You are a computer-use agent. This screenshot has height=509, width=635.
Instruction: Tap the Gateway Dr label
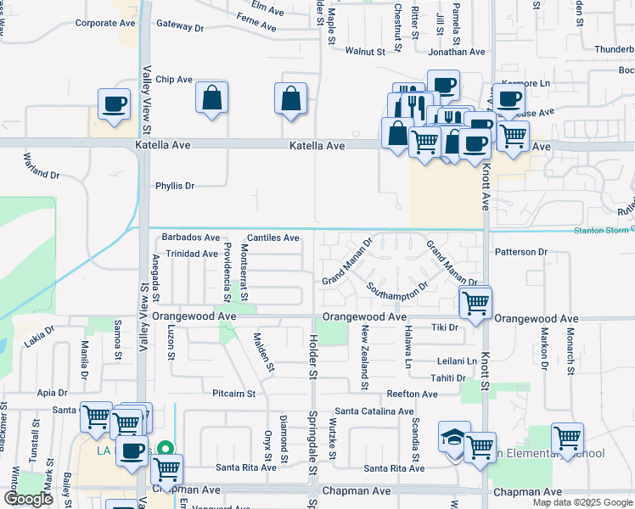click(180, 28)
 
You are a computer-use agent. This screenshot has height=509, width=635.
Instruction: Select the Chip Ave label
click(174, 80)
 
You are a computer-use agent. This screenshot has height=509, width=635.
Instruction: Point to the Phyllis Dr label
click(175, 186)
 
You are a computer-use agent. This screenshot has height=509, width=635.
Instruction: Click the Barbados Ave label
click(191, 238)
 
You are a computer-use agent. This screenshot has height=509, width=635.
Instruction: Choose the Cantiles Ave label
click(273, 238)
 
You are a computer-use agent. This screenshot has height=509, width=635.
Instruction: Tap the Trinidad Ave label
click(192, 254)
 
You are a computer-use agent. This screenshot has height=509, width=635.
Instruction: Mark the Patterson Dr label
click(521, 252)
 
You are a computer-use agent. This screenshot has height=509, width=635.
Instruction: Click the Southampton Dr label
click(397, 291)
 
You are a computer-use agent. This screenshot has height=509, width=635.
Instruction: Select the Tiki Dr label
click(445, 327)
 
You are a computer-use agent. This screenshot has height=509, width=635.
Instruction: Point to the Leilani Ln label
click(457, 361)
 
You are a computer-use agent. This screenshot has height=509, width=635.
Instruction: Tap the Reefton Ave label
click(412, 394)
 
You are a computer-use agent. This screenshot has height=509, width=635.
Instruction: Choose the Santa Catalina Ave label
click(374, 411)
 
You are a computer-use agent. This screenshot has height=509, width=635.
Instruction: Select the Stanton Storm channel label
click(603, 230)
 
